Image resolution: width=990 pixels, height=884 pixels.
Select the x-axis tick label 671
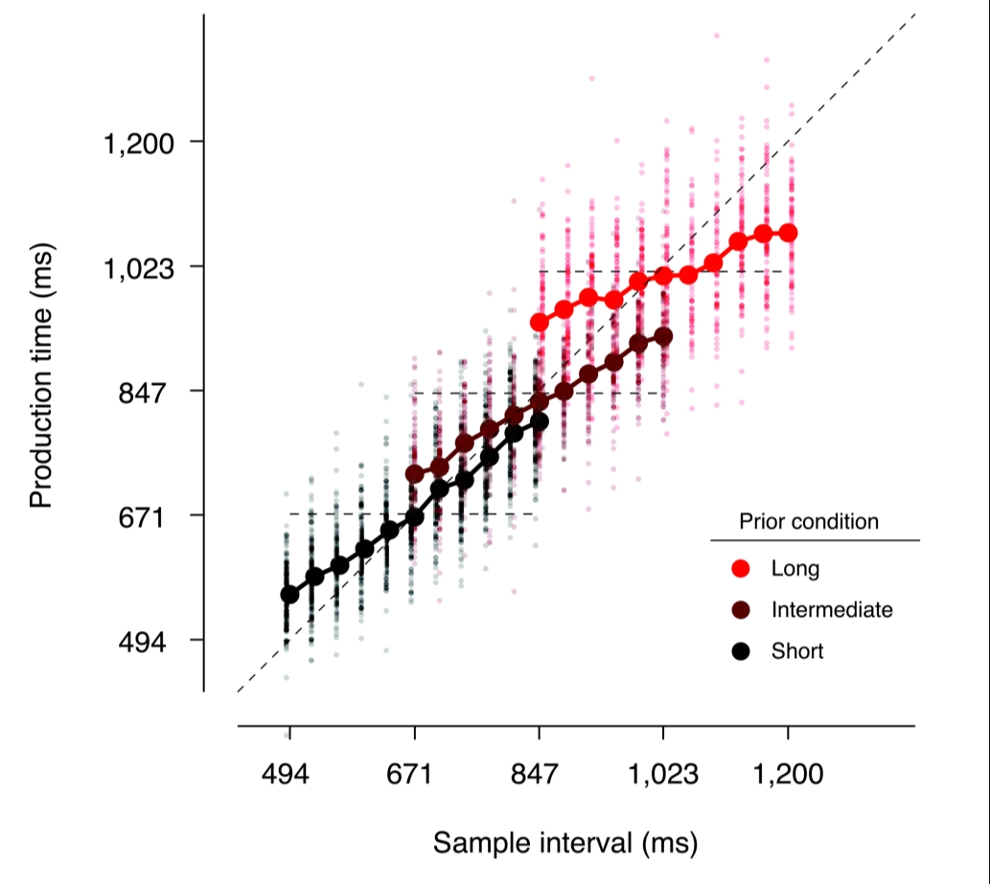click(x=414, y=773)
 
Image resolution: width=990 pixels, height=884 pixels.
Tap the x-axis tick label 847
click(x=539, y=773)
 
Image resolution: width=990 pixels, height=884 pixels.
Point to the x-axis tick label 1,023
click(x=663, y=773)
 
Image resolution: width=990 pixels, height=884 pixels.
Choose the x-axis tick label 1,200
click(x=788, y=773)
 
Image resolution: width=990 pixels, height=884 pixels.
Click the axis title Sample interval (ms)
click(x=564, y=843)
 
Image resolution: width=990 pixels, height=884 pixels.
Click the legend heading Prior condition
click(x=809, y=522)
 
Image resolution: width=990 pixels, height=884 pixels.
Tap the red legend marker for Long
click(x=739, y=569)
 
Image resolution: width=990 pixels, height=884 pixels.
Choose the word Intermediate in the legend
click(x=831, y=610)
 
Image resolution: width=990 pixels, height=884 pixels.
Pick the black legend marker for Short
click(x=739, y=651)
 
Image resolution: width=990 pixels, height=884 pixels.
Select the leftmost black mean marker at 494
click(x=289, y=595)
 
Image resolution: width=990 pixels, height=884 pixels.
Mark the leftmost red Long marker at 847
click(x=540, y=323)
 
